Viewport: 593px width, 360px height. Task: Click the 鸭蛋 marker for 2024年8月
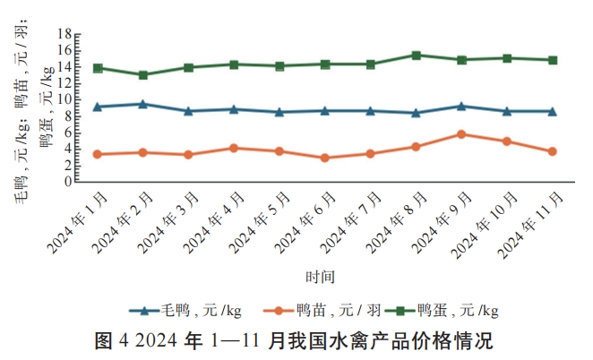pyautogui.click(x=416, y=56)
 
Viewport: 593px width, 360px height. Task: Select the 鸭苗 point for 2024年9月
pyautogui.click(x=461, y=134)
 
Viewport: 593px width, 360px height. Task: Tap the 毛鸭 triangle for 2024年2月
pyautogui.click(x=142, y=104)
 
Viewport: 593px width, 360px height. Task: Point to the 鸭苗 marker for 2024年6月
pyautogui.click(x=324, y=158)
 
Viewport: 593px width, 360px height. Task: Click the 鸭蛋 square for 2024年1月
pyautogui.click(x=97, y=68)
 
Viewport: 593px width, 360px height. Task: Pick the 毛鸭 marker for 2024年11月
pyautogui.click(x=553, y=111)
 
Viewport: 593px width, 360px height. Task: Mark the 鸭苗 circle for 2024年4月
pyautogui.click(x=234, y=148)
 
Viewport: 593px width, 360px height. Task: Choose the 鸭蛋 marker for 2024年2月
pyautogui.click(x=142, y=75)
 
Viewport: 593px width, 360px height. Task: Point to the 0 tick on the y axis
pyautogui.click(x=68, y=182)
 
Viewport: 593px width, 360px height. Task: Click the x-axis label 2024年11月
pyautogui.click(x=532, y=225)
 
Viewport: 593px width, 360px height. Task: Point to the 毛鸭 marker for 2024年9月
pyautogui.click(x=461, y=106)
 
